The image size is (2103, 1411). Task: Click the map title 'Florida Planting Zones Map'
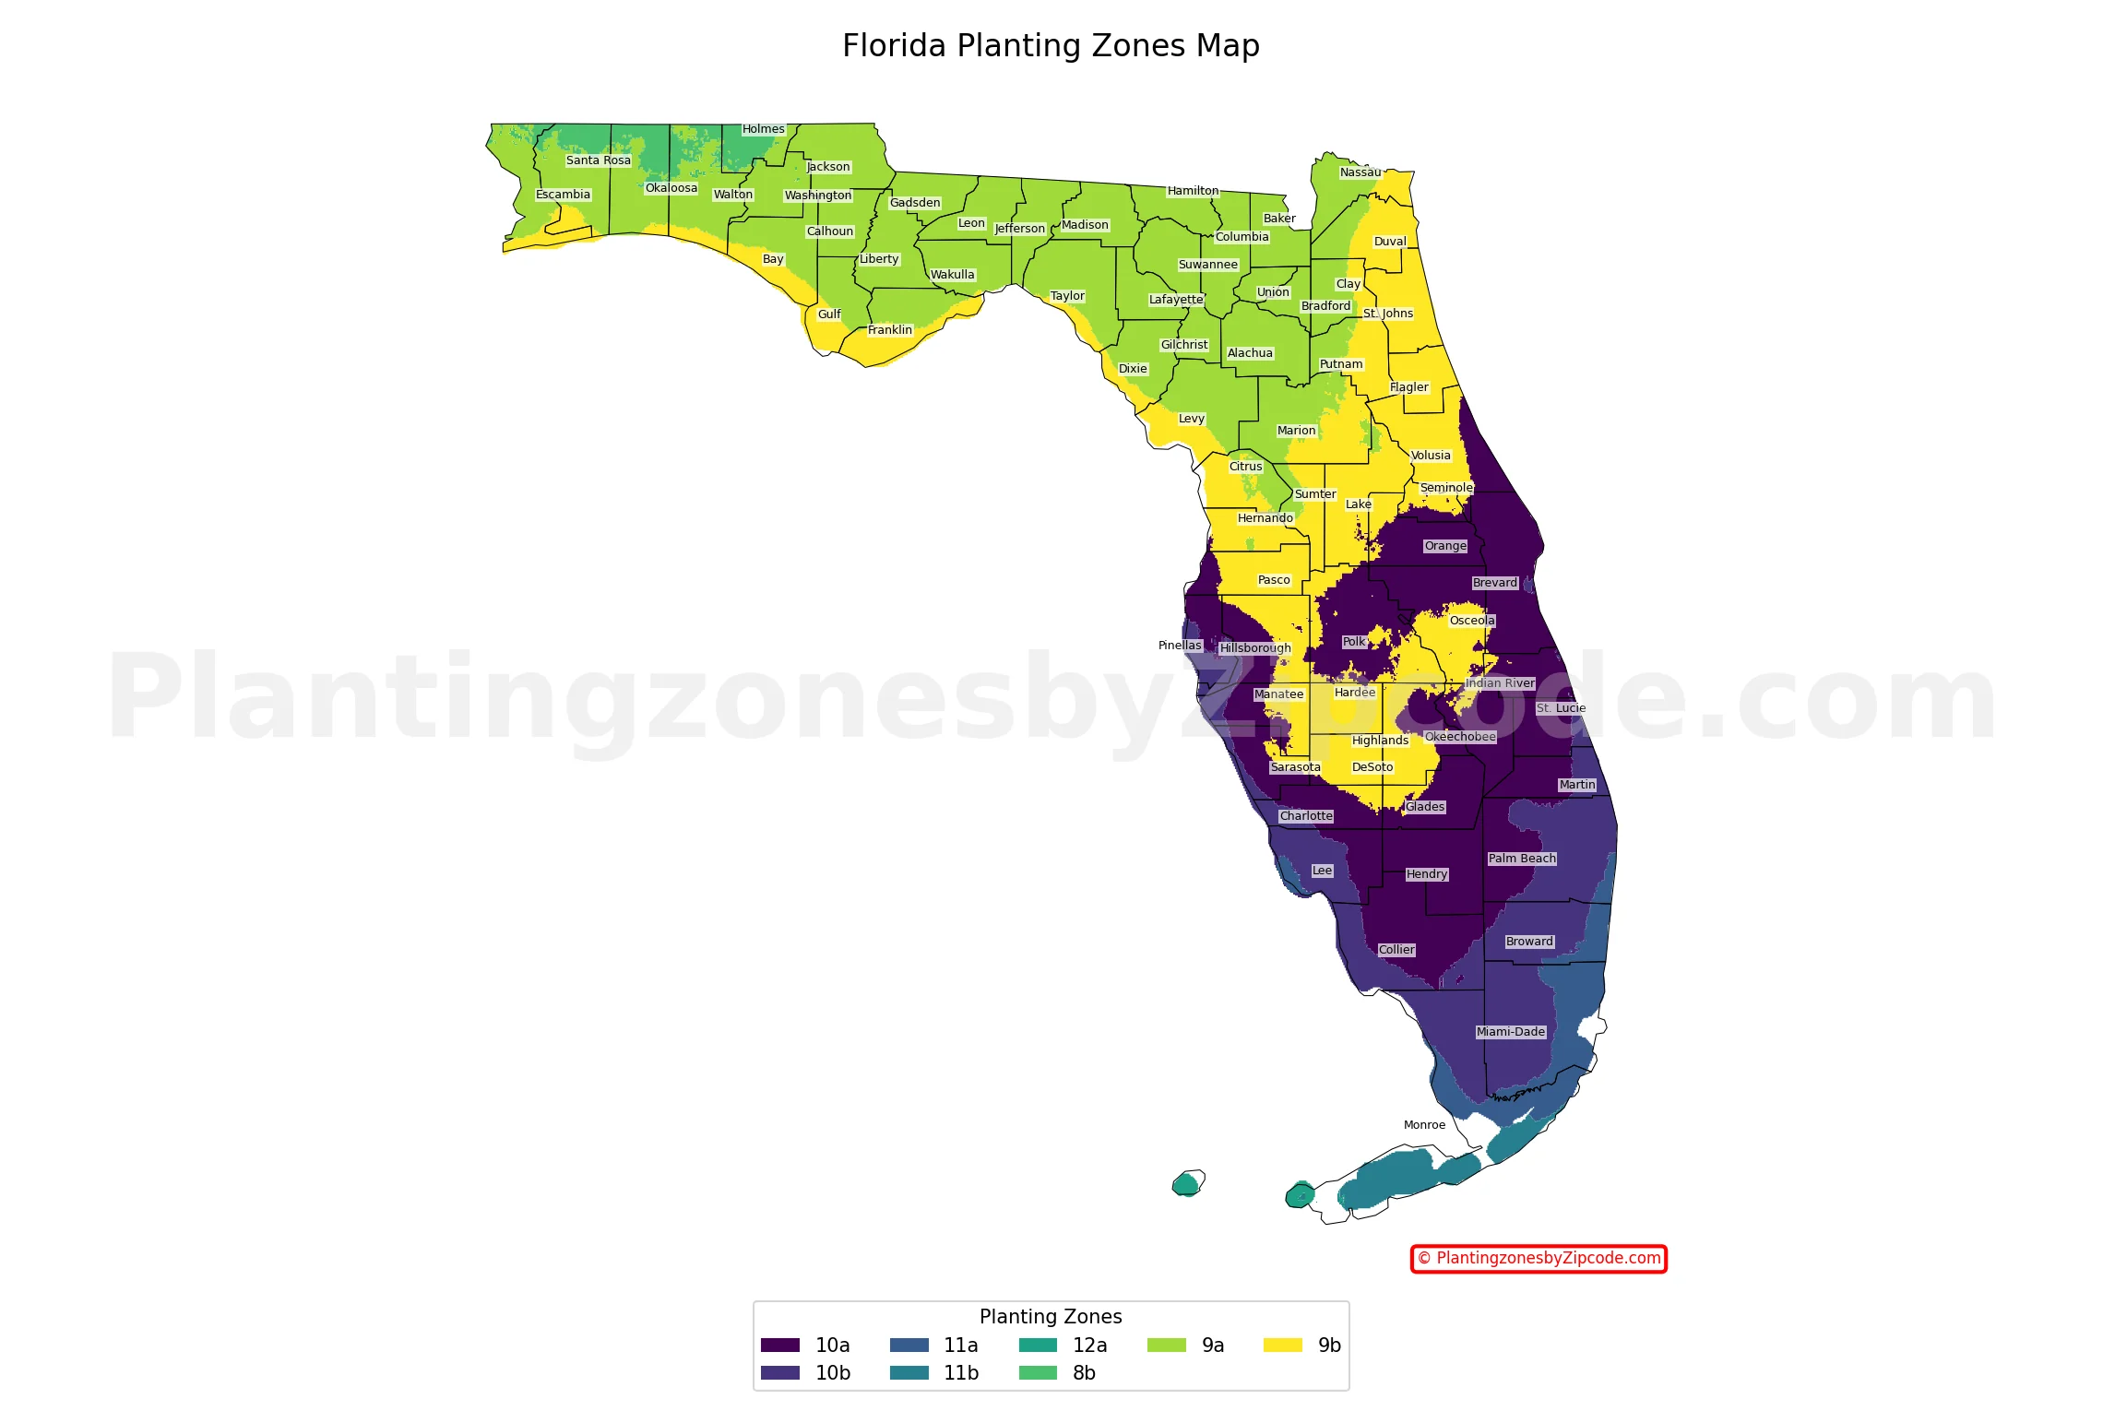[1051, 46]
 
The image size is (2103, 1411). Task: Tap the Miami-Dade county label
[1510, 1032]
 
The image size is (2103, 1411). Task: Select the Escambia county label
[563, 195]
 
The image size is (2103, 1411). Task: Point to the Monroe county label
[1424, 1125]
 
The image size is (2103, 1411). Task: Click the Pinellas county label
[1180, 646]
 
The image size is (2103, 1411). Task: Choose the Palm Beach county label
[1521, 859]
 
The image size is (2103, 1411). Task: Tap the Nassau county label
[1360, 172]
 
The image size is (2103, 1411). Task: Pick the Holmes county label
[764, 129]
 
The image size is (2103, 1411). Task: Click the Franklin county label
[889, 330]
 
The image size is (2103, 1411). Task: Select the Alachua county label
[1250, 353]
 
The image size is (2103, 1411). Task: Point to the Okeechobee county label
[1460, 737]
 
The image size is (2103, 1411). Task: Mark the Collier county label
[1396, 950]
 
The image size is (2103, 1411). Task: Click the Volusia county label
[1431, 456]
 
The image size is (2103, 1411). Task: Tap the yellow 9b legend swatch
[1282, 1346]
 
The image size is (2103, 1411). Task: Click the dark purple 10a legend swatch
[780, 1346]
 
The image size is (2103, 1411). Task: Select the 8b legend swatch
[1038, 1373]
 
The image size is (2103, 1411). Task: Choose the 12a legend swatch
[1038, 1346]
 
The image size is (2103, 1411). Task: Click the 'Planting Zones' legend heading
[1051, 1317]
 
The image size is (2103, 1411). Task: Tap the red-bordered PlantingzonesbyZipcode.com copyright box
[1539, 1259]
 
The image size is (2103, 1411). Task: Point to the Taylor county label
[1067, 296]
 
